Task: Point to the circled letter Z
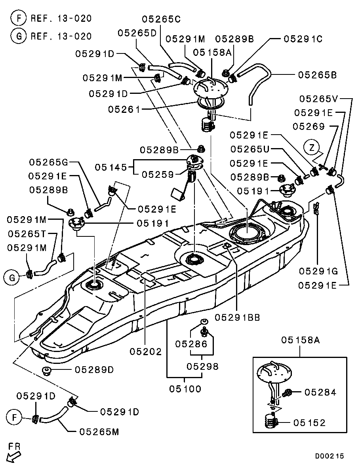(x=312, y=148)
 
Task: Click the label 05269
(x=309, y=126)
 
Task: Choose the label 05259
(x=158, y=174)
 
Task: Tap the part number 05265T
(x=27, y=234)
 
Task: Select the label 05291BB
(x=238, y=317)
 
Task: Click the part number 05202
(x=146, y=351)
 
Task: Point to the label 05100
(x=185, y=389)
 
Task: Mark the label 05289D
(x=94, y=370)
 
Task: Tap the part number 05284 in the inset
(x=320, y=392)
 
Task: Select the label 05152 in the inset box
(x=310, y=423)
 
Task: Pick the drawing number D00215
(x=330, y=456)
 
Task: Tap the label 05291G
(x=318, y=272)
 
